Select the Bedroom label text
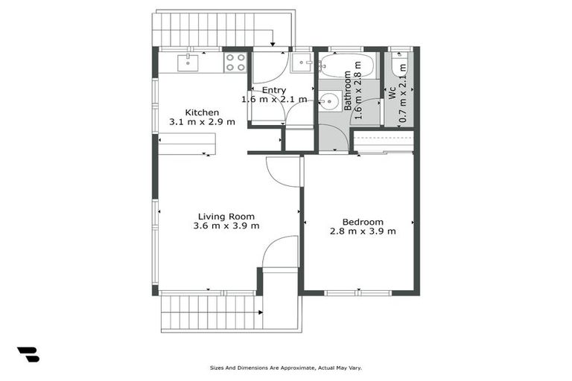(363, 222)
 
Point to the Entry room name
(274, 90)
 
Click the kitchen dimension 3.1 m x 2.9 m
(202, 122)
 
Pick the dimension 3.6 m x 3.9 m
(226, 226)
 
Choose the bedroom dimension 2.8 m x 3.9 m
(363, 231)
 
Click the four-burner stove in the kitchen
(235, 62)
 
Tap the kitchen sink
(188, 63)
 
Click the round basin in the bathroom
(329, 100)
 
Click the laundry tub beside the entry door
(301, 63)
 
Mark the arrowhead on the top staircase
(273, 42)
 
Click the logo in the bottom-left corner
(28, 355)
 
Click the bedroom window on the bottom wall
(358, 293)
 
